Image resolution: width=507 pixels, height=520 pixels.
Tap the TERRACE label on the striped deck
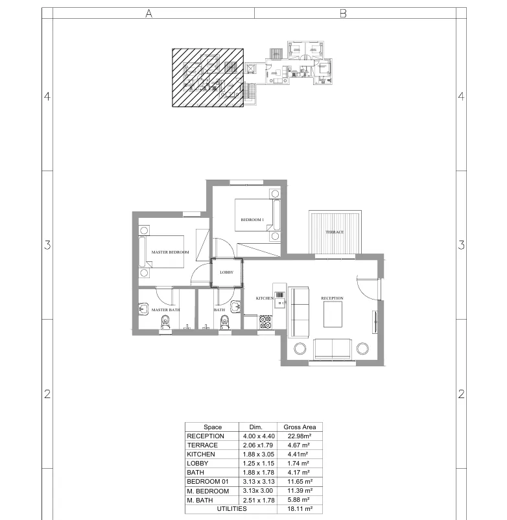(x=335, y=232)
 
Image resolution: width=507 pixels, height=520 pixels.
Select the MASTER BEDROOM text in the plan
(x=170, y=252)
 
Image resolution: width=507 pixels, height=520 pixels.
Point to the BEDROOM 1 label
(x=252, y=220)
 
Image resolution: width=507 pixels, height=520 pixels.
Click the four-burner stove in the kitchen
(x=266, y=322)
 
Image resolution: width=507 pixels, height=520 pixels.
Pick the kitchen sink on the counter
(x=279, y=296)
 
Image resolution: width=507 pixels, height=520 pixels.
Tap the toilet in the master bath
(x=165, y=324)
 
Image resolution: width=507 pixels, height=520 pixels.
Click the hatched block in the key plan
(x=207, y=77)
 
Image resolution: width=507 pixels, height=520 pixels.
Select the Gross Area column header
(x=300, y=427)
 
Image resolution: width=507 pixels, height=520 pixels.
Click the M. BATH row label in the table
(x=201, y=501)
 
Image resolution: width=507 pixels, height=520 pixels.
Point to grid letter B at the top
(x=344, y=13)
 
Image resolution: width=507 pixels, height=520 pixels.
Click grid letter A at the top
(x=148, y=13)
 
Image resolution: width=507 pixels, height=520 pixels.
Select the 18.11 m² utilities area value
(x=300, y=510)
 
